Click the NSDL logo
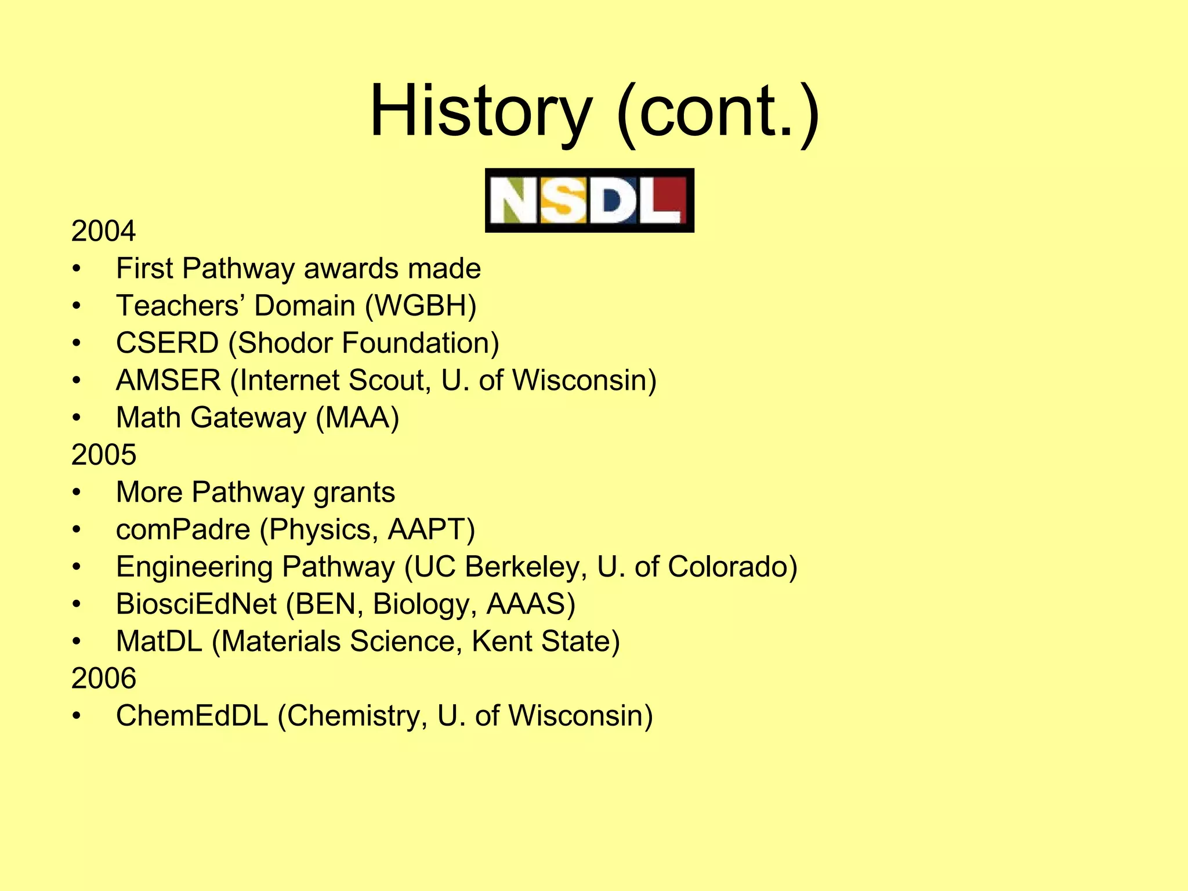click(x=589, y=200)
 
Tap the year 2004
click(x=103, y=231)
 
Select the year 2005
click(x=103, y=454)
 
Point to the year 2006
click(x=103, y=678)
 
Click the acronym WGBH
click(x=421, y=306)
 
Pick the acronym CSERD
click(x=167, y=343)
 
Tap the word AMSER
click(x=168, y=381)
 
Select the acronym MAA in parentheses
click(x=357, y=418)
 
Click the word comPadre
click(x=183, y=529)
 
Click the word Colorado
click(x=727, y=567)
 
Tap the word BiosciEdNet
click(x=196, y=604)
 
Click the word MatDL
click(x=159, y=642)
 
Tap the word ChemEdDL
click(x=192, y=716)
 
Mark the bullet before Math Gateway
click(x=77, y=418)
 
